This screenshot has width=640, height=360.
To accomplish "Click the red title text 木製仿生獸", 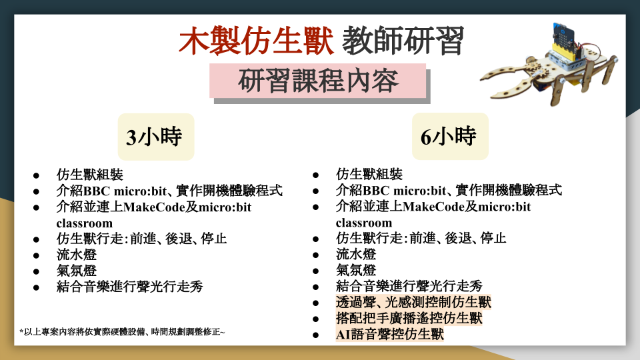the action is (x=256, y=41).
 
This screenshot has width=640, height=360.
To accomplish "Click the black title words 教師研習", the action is (x=403, y=41).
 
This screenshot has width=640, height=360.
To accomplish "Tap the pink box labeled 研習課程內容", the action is (x=318, y=81).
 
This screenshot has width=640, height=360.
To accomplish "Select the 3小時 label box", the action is (x=156, y=137).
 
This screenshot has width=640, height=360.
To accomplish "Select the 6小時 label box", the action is (x=450, y=136).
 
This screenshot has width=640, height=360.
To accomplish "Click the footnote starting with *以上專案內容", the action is (x=122, y=332).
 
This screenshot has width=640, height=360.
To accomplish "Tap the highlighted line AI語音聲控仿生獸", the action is (x=390, y=334).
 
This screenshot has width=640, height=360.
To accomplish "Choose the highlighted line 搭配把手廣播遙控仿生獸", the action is (x=409, y=318).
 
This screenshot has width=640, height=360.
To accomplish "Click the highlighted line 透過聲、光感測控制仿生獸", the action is (x=413, y=302).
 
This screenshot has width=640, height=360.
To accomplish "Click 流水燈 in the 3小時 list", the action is (x=76, y=255).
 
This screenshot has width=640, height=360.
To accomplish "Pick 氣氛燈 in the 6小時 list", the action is (x=356, y=270).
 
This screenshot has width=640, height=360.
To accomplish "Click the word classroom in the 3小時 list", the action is (x=85, y=224).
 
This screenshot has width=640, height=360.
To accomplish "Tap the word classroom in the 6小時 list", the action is (x=364, y=223).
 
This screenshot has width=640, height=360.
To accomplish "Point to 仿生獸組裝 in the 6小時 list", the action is (x=369, y=174).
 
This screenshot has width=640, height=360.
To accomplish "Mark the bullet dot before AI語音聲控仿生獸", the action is (x=315, y=335).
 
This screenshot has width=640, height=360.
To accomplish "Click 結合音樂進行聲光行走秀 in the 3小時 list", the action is (x=130, y=287).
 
